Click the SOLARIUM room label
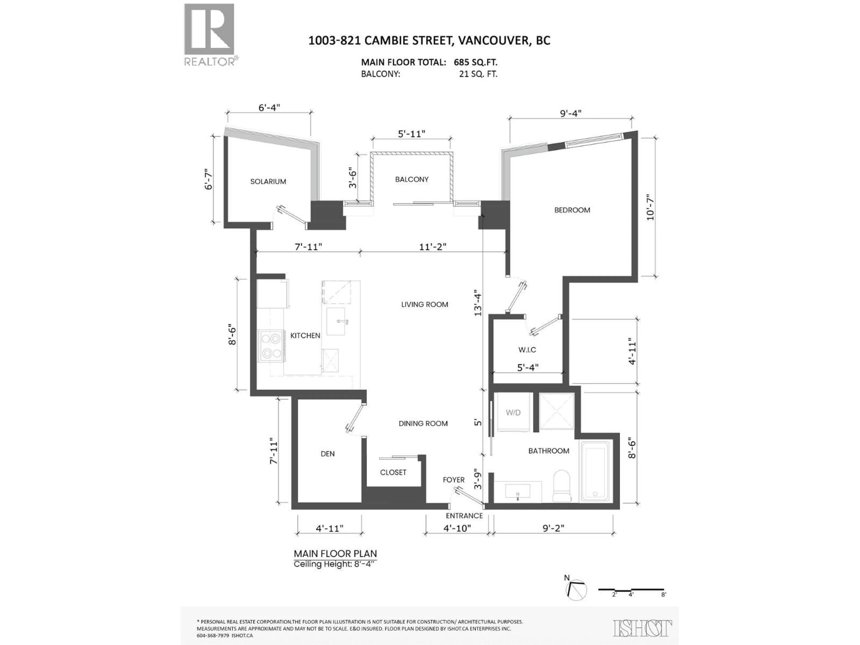point(268,182)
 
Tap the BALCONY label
point(412,179)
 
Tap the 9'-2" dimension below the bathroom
point(553,528)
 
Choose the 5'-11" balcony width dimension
point(411,134)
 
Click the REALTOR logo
point(209,35)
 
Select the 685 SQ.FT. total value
point(475,62)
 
